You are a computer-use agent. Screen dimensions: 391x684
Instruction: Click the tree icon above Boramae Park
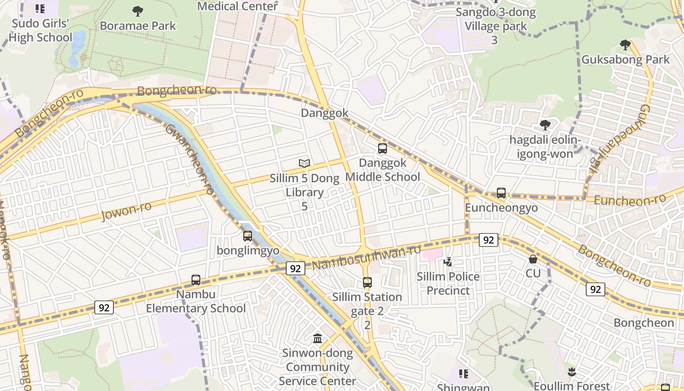(x=138, y=11)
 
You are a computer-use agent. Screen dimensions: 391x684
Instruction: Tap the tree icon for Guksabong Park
(x=625, y=45)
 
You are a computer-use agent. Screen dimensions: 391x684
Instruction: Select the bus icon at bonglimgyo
(x=248, y=236)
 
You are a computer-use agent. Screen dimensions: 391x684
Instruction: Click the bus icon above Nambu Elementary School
(x=196, y=280)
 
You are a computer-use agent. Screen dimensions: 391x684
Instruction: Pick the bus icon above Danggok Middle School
(x=383, y=149)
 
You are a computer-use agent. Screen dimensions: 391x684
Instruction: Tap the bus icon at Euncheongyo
(x=501, y=193)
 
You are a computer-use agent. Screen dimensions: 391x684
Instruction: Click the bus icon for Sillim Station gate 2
(x=367, y=282)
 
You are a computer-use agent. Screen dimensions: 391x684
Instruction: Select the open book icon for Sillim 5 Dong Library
(x=304, y=164)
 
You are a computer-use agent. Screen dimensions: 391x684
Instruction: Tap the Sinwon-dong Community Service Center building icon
(x=318, y=338)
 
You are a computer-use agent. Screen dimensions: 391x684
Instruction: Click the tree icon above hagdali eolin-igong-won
(x=545, y=125)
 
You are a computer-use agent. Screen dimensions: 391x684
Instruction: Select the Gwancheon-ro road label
(x=190, y=159)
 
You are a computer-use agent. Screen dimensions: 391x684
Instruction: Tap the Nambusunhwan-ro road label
(x=366, y=257)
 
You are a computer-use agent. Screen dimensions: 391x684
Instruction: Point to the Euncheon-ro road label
(x=630, y=199)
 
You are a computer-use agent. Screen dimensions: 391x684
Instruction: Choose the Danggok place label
(x=324, y=113)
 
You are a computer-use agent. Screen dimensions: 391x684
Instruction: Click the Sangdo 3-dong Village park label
(x=495, y=19)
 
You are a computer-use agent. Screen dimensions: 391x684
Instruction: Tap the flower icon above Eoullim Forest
(x=571, y=371)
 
